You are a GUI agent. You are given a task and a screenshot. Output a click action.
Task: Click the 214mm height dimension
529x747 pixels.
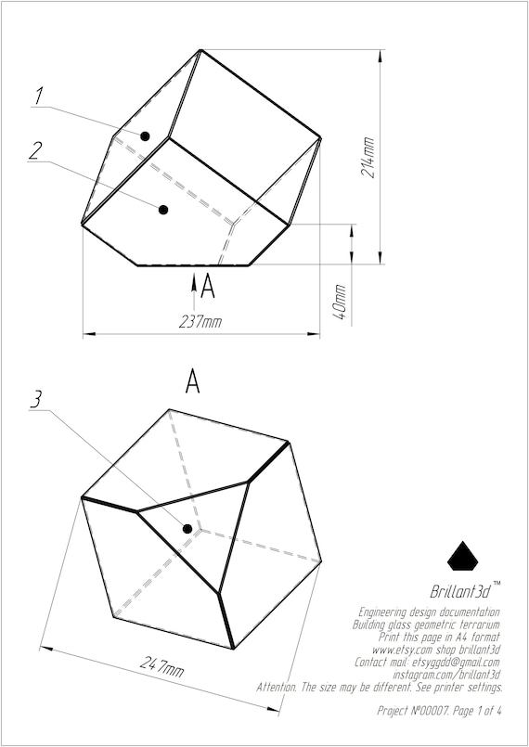pos(368,157)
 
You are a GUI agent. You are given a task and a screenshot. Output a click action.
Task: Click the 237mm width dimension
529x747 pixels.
pos(200,322)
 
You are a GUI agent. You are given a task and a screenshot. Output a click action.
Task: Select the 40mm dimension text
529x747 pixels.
pos(340,303)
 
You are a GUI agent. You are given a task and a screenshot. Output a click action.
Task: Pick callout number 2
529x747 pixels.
pos(34,151)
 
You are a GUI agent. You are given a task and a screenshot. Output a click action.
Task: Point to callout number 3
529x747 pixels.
pos(36,399)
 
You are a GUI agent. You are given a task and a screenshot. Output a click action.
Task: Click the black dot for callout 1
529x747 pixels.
pos(146,136)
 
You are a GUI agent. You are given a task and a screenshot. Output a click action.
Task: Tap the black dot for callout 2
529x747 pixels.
pos(163,210)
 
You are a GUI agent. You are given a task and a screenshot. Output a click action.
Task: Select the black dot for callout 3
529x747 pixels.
pos(187,529)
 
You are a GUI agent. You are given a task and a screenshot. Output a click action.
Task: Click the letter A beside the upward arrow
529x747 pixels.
pos(208,287)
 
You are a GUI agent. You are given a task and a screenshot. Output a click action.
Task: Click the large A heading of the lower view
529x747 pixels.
pos(192,380)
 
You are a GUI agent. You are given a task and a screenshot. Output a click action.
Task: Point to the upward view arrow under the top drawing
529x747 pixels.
pos(193,283)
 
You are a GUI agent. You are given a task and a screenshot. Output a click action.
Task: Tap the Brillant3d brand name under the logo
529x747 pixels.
pos(461,591)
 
